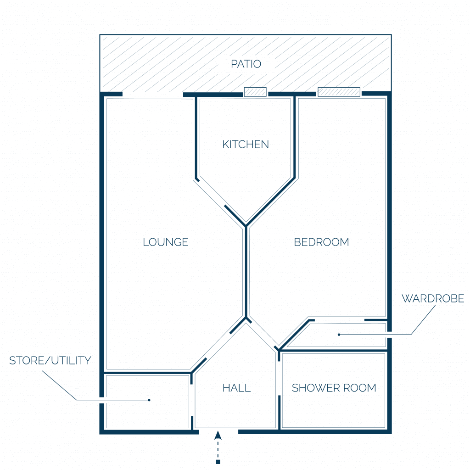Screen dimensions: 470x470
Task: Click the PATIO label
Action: [x=246, y=64]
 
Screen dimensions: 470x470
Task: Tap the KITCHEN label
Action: [x=246, y=145]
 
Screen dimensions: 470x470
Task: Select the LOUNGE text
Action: [x=165, y=242]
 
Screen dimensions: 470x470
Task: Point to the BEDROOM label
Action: [x=321, y=242]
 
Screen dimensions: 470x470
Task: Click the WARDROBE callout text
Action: [x=433, y=298]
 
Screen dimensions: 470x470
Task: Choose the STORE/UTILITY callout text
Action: [x=50, y=361]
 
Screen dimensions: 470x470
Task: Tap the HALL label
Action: [x=236, y=388]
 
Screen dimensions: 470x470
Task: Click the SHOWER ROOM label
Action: [x=334, y=388]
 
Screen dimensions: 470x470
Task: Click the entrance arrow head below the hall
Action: [x=218, y=435]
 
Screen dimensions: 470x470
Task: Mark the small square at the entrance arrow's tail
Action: [x=218, y=462]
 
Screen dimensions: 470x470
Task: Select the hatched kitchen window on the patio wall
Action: [x=255, y=92]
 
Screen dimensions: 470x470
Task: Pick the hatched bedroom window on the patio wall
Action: [x=339, y=92]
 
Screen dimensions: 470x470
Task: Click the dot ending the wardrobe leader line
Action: [x=339, y=335]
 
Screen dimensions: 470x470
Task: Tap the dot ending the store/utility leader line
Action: [x=149, y=400]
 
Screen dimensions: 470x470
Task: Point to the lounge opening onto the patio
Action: [x=153, y=95]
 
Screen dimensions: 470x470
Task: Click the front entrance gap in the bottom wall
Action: [x=218, y=431]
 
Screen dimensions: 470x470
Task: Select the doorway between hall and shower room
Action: [x=279, y=378]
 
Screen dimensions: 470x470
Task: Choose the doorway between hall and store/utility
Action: [x=191, y=400]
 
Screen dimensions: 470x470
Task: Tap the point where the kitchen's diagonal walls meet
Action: [x=246, y=225]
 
